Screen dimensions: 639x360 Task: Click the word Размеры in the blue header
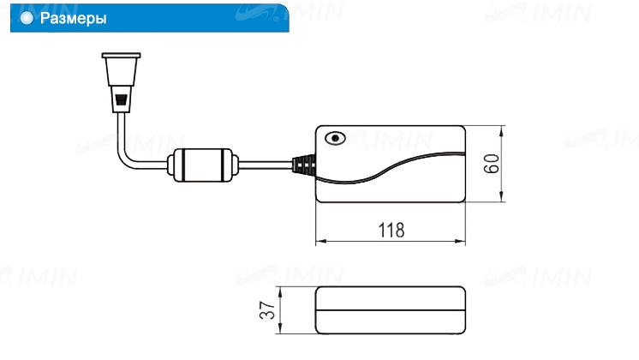(x=74, y=19)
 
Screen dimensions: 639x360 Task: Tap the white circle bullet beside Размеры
(x=27, y=18)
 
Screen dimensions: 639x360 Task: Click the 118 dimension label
(x=391, y=230)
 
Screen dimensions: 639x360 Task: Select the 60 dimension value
(x=492, y=164)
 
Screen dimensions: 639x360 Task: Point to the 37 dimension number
(x=267, y=309)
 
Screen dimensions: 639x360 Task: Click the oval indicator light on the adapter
(x=335, y=138)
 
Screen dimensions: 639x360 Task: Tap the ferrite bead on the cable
(x=202, y=165)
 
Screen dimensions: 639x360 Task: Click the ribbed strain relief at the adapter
(x=304, y=165)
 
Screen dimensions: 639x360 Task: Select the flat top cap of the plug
(x=121, y=55)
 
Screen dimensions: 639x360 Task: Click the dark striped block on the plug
(x=122, y=100)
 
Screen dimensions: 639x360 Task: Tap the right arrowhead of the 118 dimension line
(x=460, y=242)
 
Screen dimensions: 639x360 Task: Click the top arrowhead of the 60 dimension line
(x=502, y=131)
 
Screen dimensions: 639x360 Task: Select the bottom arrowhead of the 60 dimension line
(x=502, y=196)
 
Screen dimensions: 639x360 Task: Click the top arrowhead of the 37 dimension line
(x=280, y=292)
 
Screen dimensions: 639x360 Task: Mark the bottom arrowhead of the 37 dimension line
(x=280, y=328)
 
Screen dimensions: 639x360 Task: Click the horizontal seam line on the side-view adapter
(x=391, y=310)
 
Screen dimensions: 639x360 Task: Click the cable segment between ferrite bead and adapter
(x=266, y=165)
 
